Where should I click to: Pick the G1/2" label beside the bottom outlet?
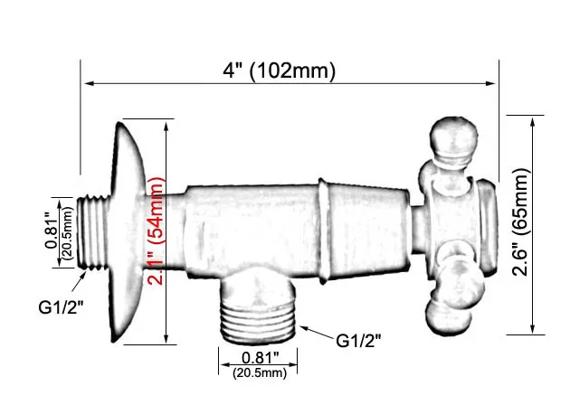(358, 341)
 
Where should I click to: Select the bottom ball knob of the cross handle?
(446, 306)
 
